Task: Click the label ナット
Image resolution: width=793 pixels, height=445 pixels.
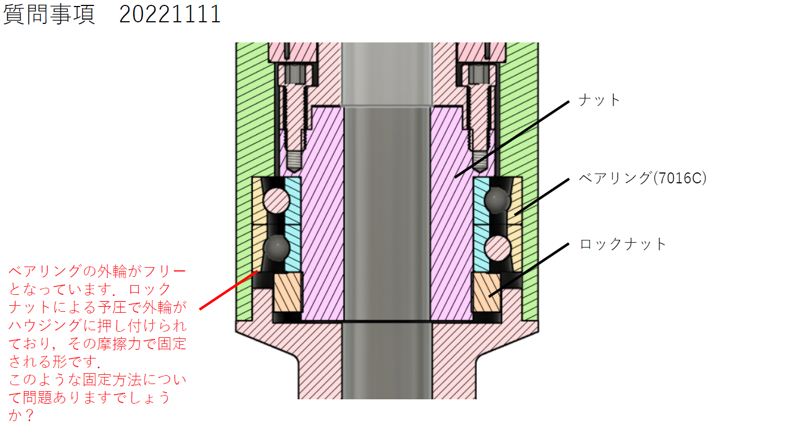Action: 598,100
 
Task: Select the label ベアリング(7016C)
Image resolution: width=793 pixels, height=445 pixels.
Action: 642,178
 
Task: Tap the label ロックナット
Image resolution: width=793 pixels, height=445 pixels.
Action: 622,244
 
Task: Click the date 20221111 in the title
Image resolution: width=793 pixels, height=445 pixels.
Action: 170,14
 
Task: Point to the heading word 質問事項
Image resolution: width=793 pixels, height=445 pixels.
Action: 49,14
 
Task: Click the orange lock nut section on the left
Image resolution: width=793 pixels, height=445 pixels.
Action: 288,292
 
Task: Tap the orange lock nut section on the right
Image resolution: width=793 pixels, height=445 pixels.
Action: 486,292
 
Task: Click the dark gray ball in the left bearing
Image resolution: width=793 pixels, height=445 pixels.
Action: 276,248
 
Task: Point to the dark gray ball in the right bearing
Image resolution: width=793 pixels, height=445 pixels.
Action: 497,200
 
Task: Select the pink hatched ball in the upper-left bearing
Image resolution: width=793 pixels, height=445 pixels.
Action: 276,200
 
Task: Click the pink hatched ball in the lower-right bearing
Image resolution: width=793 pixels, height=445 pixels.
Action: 497,248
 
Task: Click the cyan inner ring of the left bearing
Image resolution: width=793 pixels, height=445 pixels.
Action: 293,223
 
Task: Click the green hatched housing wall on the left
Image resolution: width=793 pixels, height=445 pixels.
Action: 245,136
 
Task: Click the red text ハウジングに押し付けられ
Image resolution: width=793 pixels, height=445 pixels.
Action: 98,325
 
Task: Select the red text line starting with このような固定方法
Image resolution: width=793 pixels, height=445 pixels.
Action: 98,379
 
